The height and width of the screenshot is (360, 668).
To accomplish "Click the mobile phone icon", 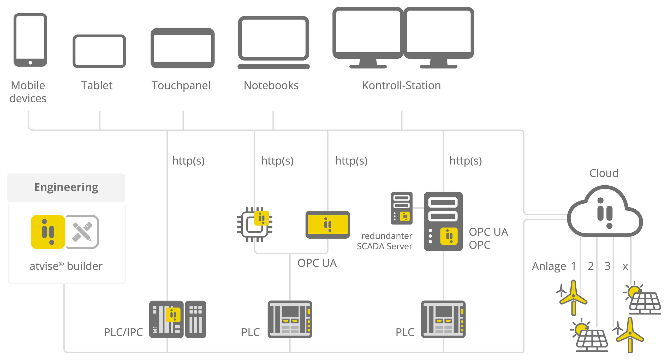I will point(30,40).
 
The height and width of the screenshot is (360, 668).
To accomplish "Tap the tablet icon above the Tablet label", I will point(99,51).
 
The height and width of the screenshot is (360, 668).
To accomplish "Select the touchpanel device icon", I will point(182,48).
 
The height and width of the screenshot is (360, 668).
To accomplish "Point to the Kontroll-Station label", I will point(401,85).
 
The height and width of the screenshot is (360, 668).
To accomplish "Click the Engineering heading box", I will point(66,187).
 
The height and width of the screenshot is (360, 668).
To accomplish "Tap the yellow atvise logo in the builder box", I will point(48,232).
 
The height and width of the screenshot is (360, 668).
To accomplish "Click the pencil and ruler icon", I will point(82,232).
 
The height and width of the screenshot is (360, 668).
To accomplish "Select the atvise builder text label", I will point(66,266).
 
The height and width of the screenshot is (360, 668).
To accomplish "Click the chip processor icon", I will point(254,225).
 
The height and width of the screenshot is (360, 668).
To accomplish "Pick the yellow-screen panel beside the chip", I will point(327,225).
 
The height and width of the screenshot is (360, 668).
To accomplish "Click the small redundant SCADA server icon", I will point(402,208).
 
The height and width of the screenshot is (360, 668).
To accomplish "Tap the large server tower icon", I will point(443,221).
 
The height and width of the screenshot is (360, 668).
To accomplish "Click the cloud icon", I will point(605,213).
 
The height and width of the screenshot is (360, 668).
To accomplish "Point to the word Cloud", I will point(604,173).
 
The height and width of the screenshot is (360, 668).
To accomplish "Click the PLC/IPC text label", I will point(123,332).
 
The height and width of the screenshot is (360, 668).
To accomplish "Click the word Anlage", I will point(549,266).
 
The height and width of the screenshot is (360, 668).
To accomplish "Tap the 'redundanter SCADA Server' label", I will point(385,241).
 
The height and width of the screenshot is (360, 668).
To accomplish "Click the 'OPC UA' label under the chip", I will point(317,263).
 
